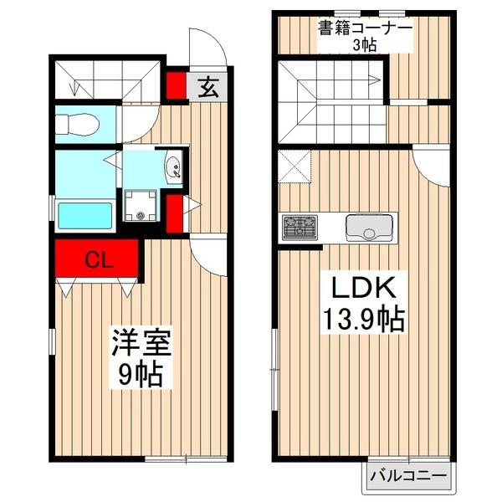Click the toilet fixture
coord(77,124)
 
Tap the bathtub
coord(85,216)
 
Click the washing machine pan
coord(141,206)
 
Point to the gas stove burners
coord(300,228)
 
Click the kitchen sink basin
coord(369,228)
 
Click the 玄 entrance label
coord(208,88)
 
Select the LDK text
coord(363,287)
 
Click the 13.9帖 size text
coord(363,320)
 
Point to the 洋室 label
coord(141,343)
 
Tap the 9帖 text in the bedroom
coord(140,375)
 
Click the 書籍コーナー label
coord(365,28)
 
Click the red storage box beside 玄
coord(176,85)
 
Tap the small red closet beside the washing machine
coord(175,213)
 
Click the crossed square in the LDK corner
coord(295,166)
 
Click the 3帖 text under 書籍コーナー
coord(365,45)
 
